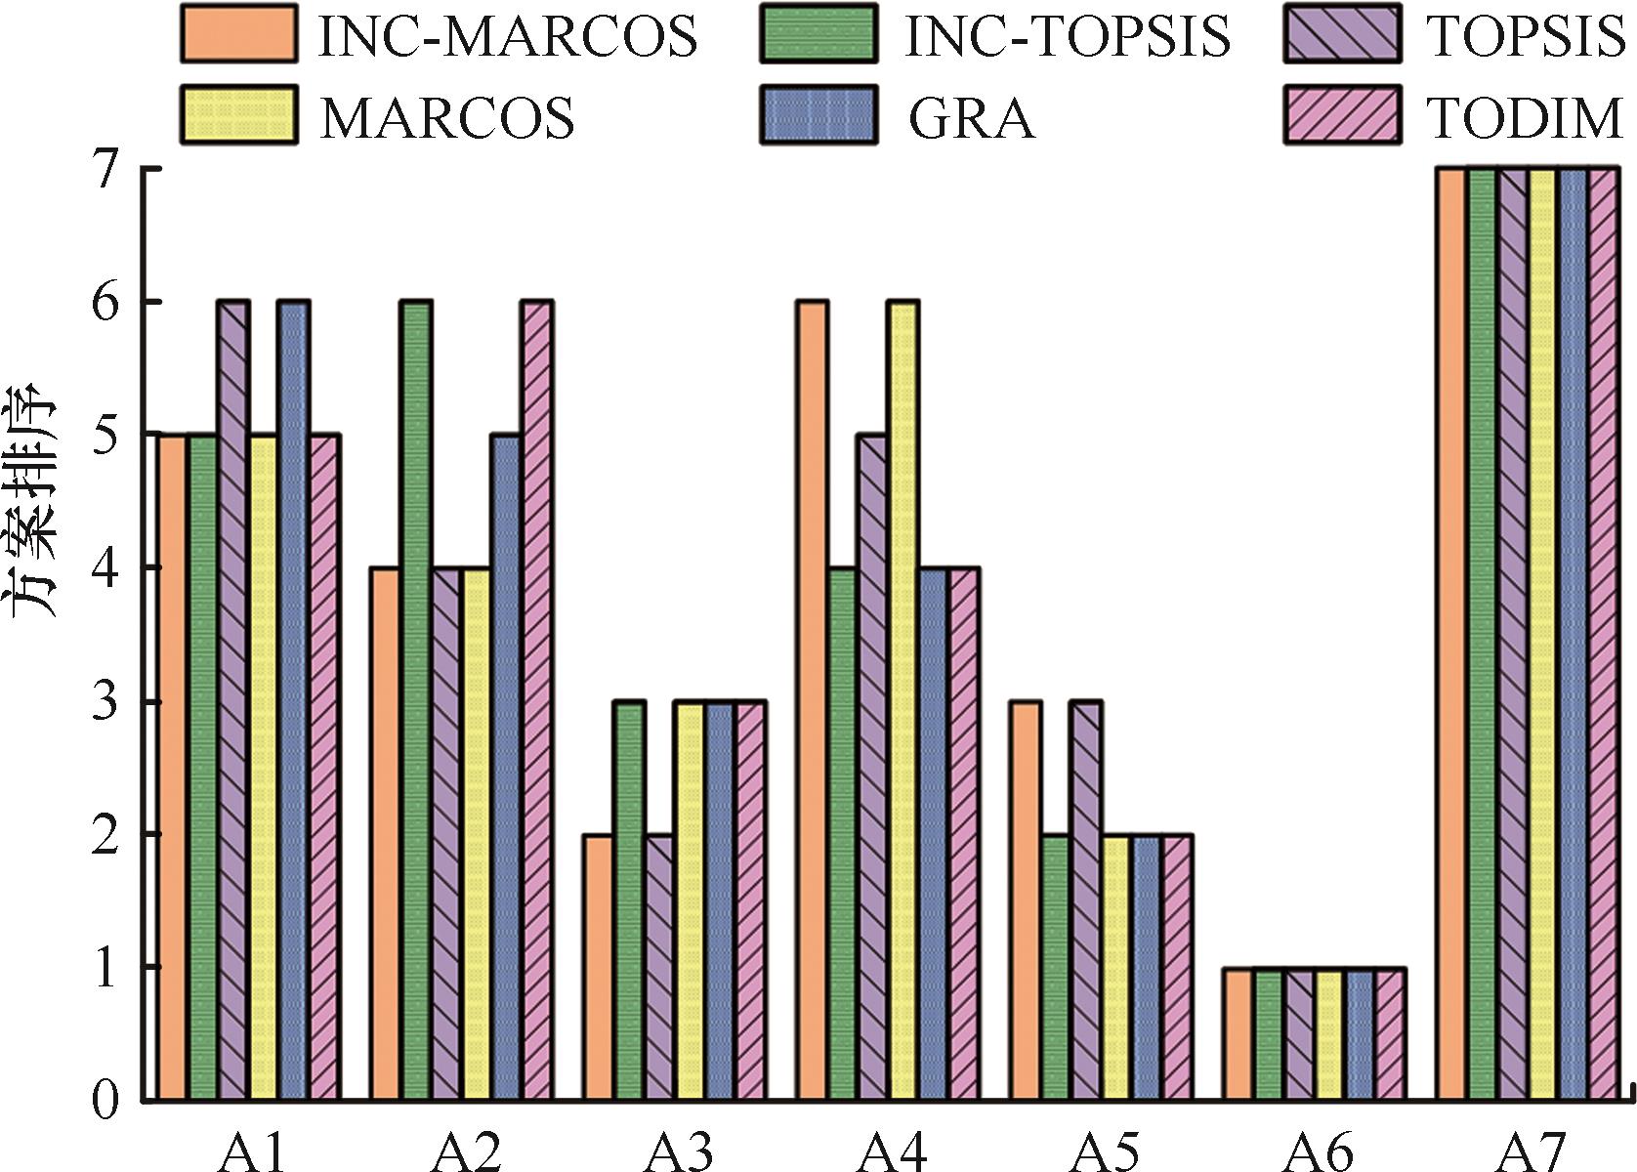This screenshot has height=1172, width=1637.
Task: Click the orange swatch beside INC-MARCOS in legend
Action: [x=239, y=33]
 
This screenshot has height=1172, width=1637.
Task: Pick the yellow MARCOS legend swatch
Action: [x=239, y=114]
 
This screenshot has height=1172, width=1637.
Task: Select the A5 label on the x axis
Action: [x=1103, y=1152]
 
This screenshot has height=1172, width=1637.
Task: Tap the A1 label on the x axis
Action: [x=251, y=1152]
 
